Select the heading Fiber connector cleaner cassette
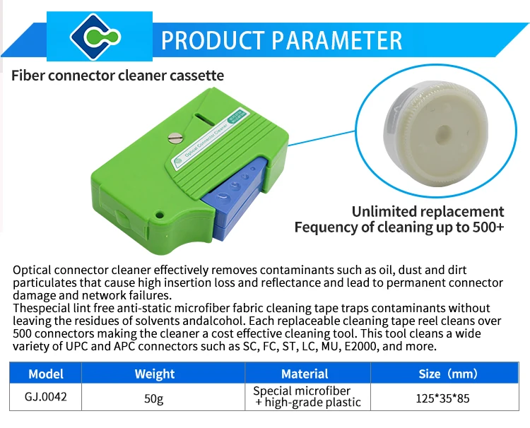pos(117,75)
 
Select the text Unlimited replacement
pos(428,212)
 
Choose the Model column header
pos(46,374)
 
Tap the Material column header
pos(305,374)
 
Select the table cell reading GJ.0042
pos(46,398)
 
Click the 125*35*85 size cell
pos(444,398)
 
